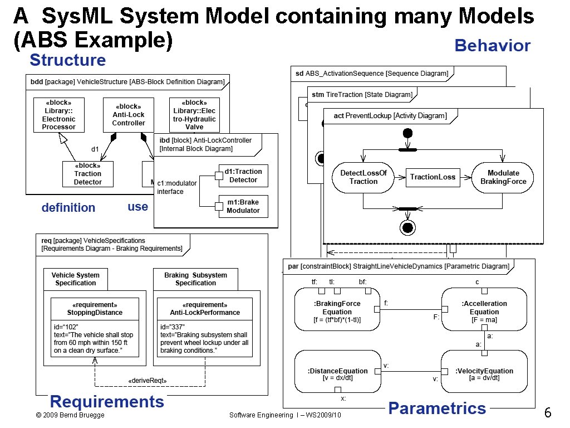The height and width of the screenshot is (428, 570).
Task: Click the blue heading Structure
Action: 67,60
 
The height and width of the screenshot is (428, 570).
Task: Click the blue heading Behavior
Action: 493,45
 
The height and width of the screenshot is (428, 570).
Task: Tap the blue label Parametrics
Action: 437,408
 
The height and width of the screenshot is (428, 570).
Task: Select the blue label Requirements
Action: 107,402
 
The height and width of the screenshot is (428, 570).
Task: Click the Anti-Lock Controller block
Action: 129,115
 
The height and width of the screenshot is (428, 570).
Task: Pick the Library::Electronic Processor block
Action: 58,115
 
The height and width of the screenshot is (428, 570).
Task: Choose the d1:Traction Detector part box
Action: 243,176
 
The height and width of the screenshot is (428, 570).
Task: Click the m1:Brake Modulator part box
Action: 243,206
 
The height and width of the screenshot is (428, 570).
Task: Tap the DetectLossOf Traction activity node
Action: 363,177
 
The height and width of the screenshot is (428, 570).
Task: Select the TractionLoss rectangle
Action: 433,177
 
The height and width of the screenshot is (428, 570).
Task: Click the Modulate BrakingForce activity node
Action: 503,177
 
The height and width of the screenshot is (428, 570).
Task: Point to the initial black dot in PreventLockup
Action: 407,133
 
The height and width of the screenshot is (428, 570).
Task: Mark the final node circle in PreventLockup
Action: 407,227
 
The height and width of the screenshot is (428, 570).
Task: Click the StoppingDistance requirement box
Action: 95,327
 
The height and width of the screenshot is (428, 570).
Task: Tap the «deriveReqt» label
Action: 148,381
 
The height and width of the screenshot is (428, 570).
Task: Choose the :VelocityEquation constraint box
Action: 484,371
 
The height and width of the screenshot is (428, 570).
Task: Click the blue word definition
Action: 68,208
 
